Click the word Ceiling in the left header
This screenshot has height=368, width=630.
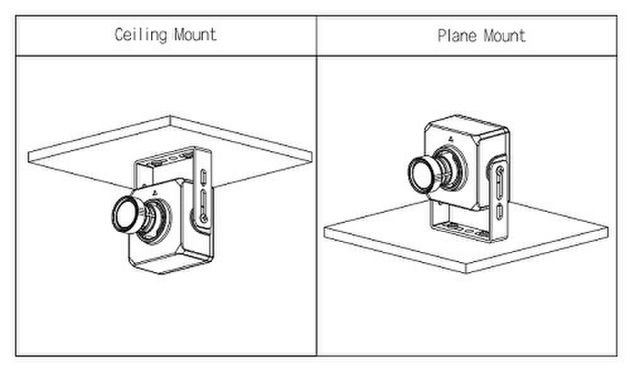(x=140, y=35)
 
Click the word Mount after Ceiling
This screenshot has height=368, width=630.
(x=195, y=35)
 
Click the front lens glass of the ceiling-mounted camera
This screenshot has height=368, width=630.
(x=125, y=215)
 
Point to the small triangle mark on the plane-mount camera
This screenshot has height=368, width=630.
(x=451, y=139)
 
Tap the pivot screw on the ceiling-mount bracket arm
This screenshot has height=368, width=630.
(x=203, y=218)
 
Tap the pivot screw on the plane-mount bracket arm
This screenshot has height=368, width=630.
(x=500, y=170)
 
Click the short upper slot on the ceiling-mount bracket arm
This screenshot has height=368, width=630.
(x=203, y=176)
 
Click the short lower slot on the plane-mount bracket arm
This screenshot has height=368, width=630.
(x=500, y=212)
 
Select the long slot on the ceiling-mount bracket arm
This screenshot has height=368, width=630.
(x=203, y=203)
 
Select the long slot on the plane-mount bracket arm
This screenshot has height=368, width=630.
(x=500, y=186)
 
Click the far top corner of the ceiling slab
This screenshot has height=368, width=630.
(x=170, y=117)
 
